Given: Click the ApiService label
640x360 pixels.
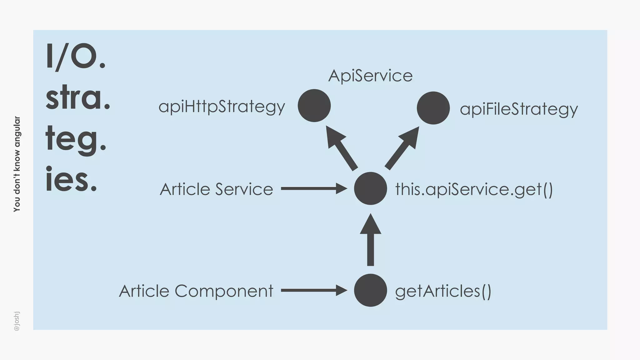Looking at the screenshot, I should [x=370, y=76].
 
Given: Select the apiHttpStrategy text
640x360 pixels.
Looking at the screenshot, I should [x=222, y=107].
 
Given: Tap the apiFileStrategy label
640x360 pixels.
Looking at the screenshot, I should [x=519, y=109].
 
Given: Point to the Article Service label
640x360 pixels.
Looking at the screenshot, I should [x=216, y=189].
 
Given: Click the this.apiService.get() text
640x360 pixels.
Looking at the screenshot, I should [x=474, y=189].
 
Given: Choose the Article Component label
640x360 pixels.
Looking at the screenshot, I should [x=196, y=291].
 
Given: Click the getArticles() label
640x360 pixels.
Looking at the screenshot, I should [x=443, y=291].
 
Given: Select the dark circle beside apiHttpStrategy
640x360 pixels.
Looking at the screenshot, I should [x=314, y=106].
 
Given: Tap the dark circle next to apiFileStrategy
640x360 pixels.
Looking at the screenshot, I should [x=433, y=108].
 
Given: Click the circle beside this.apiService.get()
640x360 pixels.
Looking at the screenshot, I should [x=370, y=188].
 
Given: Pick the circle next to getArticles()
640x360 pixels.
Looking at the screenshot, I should [x=370, y=290].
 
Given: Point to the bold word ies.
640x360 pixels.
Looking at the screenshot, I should [x=71, y=179].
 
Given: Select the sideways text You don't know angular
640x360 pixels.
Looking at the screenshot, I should [x=17, y=164].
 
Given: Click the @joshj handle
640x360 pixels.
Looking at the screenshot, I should [x=17, y=321].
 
